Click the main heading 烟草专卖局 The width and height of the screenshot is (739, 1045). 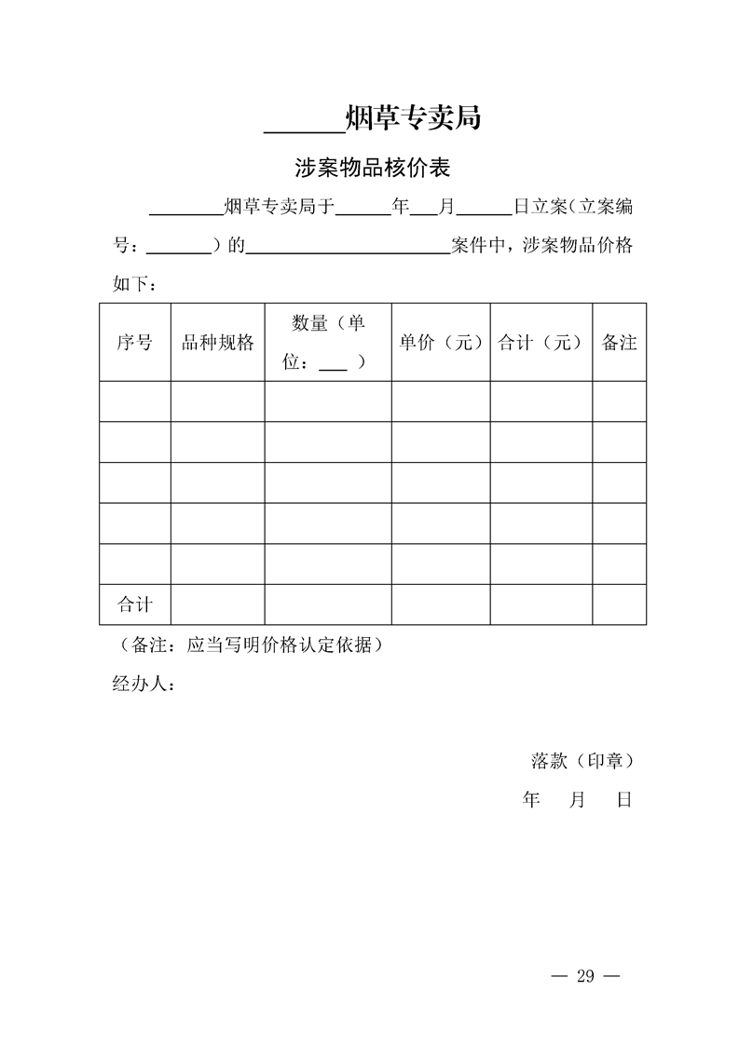(413, 118)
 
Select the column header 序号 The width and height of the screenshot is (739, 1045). (134, 342)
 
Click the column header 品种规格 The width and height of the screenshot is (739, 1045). (217, 342)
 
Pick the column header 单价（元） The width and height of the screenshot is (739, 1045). (441, 342)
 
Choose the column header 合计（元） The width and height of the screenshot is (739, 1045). (541, 342)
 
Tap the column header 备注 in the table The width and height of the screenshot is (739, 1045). (619, 342)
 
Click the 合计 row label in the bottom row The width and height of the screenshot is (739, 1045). (134, 604)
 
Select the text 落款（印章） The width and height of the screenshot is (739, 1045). (582, 761)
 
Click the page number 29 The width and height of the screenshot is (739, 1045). (585, 975)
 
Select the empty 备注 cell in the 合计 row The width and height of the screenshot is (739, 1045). (619, 604)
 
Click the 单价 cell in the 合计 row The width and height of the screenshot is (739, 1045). (441, 604)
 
